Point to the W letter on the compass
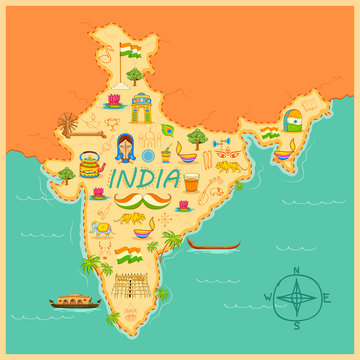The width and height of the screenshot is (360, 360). [x=268, y=298]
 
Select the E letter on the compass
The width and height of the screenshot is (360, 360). [x=327, y=297]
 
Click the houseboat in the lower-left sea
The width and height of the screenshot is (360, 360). [x=74, y=297]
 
